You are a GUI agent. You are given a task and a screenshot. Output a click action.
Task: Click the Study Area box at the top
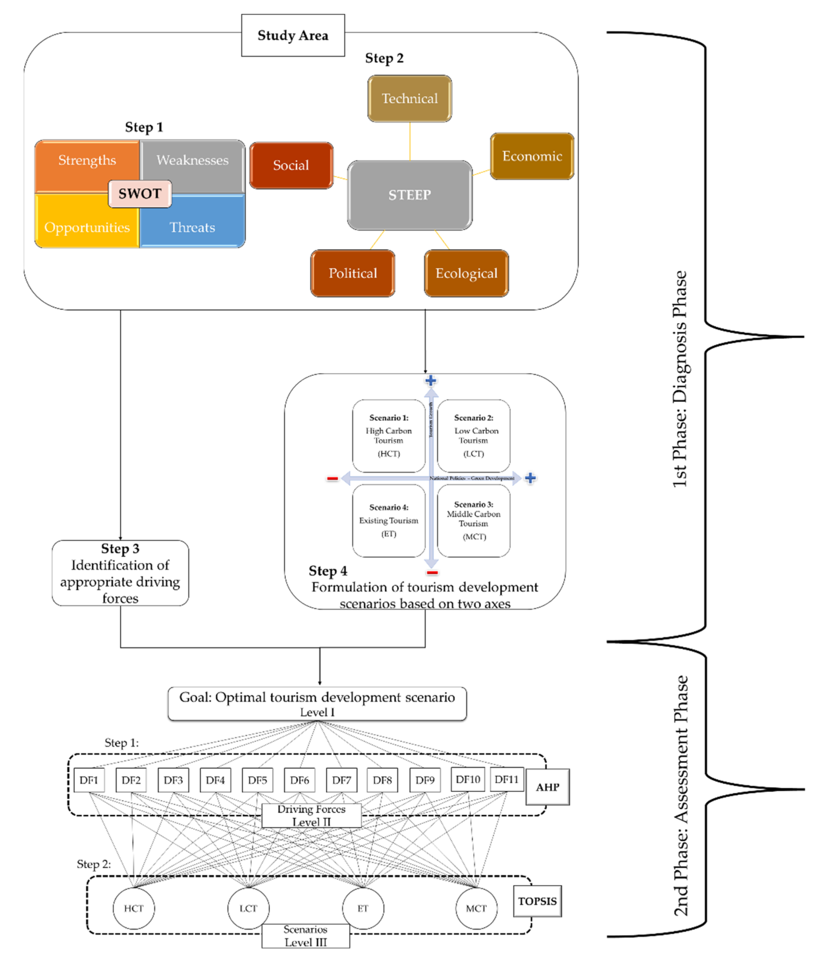[293, 35]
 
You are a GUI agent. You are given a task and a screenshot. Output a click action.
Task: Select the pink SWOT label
[140, 194]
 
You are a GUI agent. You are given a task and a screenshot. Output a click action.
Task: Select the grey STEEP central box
[409, 195]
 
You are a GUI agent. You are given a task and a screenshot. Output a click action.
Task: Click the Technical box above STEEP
[409, 99]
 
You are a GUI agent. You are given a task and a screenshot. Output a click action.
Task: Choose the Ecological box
[466, 273]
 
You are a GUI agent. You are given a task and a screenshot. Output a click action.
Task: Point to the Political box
[353, 273]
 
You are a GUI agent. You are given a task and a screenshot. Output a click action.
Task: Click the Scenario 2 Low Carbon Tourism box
[474, 435]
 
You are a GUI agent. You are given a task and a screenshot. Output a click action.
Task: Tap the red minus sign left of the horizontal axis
[332, 478]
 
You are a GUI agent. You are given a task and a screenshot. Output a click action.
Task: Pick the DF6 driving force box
[299, 780]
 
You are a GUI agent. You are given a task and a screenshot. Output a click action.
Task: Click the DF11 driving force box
[506, 779]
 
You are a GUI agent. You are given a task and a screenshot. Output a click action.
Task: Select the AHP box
[547, 787]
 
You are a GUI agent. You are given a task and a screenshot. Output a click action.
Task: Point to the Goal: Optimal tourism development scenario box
[317, 703]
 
